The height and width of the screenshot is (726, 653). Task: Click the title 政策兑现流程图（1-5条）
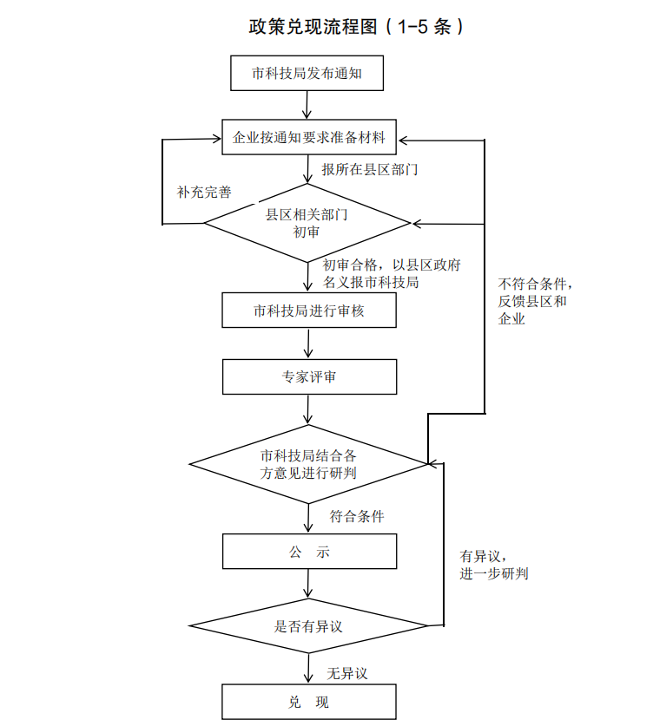pyautogui.click(x=357, y=27)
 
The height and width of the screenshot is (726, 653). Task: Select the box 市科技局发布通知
pyautogui.click(x=307, y=74)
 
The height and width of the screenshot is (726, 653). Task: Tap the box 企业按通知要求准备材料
pyautogui.click(x=309, y=137)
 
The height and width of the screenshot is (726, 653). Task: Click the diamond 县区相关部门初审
pyautogui.click(x=307, y=223)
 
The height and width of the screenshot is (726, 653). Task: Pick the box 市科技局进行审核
pyautogui.click(x=309, y=311)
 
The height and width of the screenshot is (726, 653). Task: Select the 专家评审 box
pyautogui.click(x=309, y=377)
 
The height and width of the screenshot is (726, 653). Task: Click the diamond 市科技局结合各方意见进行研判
pyautogui.click(x=309, y=463)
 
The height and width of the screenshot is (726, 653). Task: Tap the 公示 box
pyautogui.click(x=309, y=552)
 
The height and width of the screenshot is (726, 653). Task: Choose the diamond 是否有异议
pyautogui.click(x=309, y=625)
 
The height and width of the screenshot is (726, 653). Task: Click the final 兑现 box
pyautogui.click(x=309, y=702)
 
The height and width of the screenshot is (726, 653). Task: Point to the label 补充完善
pyautogui.click(x=204, y=192)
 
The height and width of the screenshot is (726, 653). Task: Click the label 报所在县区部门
pyautogui.click(x=370, y=169)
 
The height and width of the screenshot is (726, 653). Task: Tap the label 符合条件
pyautogui.click(x=357, y=516)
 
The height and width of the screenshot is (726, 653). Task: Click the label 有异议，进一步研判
pyautogui.click(x=493, y=565)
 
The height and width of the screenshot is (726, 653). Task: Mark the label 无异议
pyautogui.click(x=347, y=673)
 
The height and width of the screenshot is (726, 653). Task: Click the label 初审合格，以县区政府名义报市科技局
pyautogui.click(x=379, y=273)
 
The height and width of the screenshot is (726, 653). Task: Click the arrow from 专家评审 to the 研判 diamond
pyautogui.click(x=309, y=409)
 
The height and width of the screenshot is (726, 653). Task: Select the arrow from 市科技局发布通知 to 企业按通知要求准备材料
pyautogui.click(x=307, y=104)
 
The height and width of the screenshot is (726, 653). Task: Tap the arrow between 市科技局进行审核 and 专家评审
pyautogui.click(x=309, y=343)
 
